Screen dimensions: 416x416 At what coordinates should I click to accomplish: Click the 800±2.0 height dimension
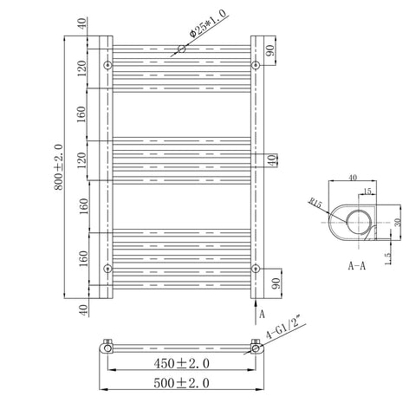coord(59,167)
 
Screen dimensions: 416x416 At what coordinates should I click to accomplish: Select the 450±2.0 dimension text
coord(181,363)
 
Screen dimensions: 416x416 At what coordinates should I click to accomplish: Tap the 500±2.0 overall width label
coord(181,383)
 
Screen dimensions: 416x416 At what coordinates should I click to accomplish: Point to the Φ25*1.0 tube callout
coord(208,24)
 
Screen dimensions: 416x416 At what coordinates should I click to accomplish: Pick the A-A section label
coord(357,265)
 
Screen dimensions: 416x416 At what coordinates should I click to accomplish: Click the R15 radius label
coord(315,203)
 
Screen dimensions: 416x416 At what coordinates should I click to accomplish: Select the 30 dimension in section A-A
coord(398,222)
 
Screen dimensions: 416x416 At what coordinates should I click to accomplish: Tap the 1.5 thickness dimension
coord(388,258)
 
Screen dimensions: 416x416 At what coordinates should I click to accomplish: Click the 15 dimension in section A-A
coord(367,191)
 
